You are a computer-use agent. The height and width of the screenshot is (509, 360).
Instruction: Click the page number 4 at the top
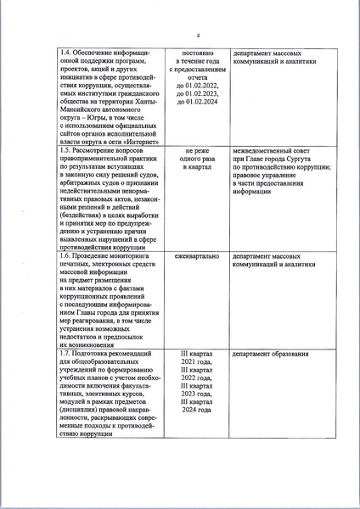click(197, 36)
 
